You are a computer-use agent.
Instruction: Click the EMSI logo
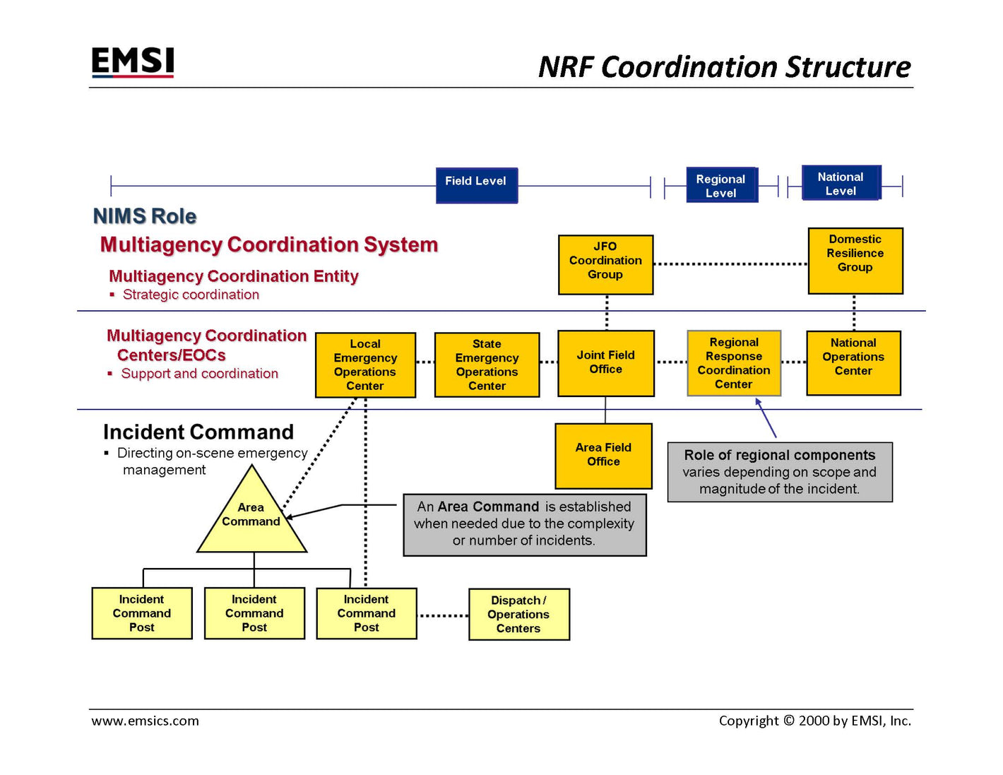133,62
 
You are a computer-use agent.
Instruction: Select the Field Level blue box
476,185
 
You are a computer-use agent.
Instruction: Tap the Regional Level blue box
721,185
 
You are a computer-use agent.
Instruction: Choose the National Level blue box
841,183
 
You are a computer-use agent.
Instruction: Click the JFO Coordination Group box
605,264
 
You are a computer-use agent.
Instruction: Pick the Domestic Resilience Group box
855,260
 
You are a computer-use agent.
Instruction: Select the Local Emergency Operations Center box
365,365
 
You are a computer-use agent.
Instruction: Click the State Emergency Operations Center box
487,365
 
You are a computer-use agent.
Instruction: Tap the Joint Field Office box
605,363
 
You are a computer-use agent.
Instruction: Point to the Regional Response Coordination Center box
734,363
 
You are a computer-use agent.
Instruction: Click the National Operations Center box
853,362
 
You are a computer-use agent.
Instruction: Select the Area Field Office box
603,456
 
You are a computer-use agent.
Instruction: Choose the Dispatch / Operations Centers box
518,614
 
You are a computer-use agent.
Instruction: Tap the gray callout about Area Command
524,524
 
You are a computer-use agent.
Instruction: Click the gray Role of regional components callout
780,472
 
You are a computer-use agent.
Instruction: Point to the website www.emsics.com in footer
146,721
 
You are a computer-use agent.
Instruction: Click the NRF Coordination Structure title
724,67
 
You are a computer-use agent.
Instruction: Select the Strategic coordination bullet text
191,295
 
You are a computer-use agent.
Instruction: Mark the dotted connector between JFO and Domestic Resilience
730,264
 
